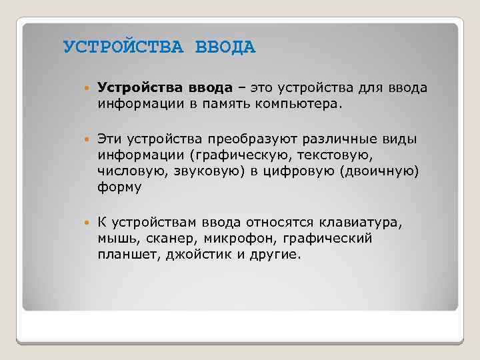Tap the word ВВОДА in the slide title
pyautogui.click(x=225, y=48)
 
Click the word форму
pyautogui.click(x=119, y=187)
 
